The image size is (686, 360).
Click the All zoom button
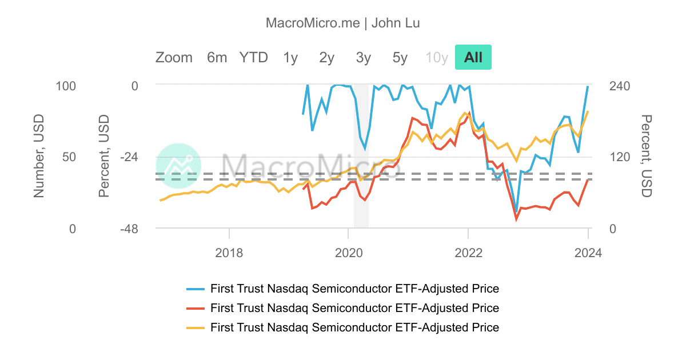click(473, 57)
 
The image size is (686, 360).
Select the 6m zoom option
click(217, 57)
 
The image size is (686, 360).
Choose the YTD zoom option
click(253, 57)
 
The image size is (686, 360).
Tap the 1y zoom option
click(290, 57)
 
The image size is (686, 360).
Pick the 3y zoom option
click(363, 57)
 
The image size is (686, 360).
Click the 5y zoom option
click(400, 57)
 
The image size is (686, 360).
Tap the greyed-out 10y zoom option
click(436, 57)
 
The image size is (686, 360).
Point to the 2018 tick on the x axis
click(229, 252)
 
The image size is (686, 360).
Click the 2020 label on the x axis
click(348, 252)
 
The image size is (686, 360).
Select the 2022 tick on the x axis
click(468, 252)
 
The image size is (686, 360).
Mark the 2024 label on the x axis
click(588, 252)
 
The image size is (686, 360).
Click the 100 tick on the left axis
click(65, 86)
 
